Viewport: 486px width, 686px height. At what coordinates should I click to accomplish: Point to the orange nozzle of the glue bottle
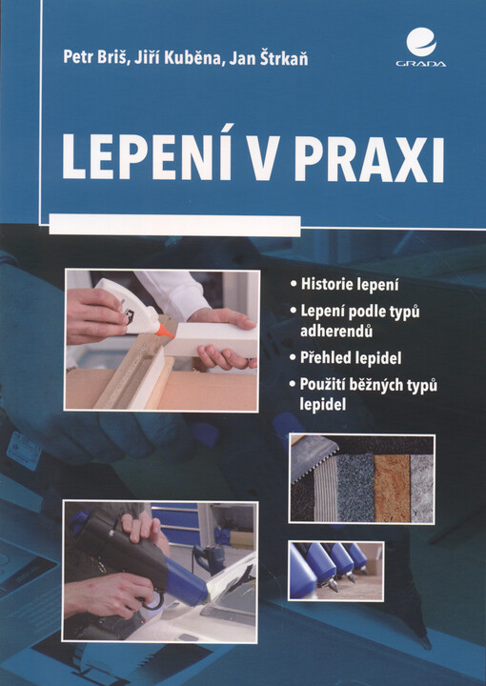(x=168, y=330)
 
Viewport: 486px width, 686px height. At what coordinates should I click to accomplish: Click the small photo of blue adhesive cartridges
(x=335, y=570)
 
